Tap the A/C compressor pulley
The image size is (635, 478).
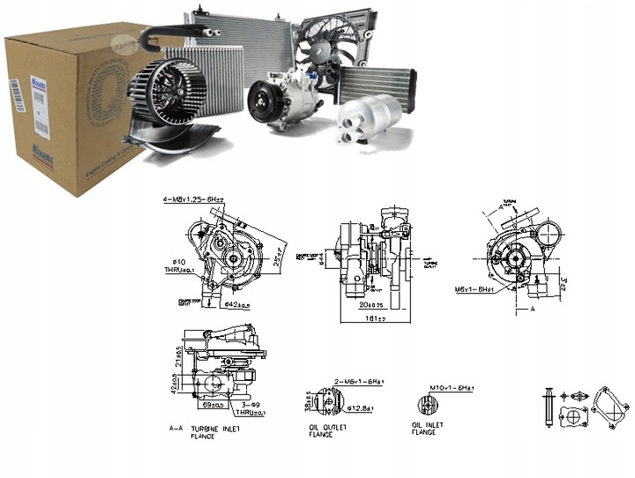point(262,101)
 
